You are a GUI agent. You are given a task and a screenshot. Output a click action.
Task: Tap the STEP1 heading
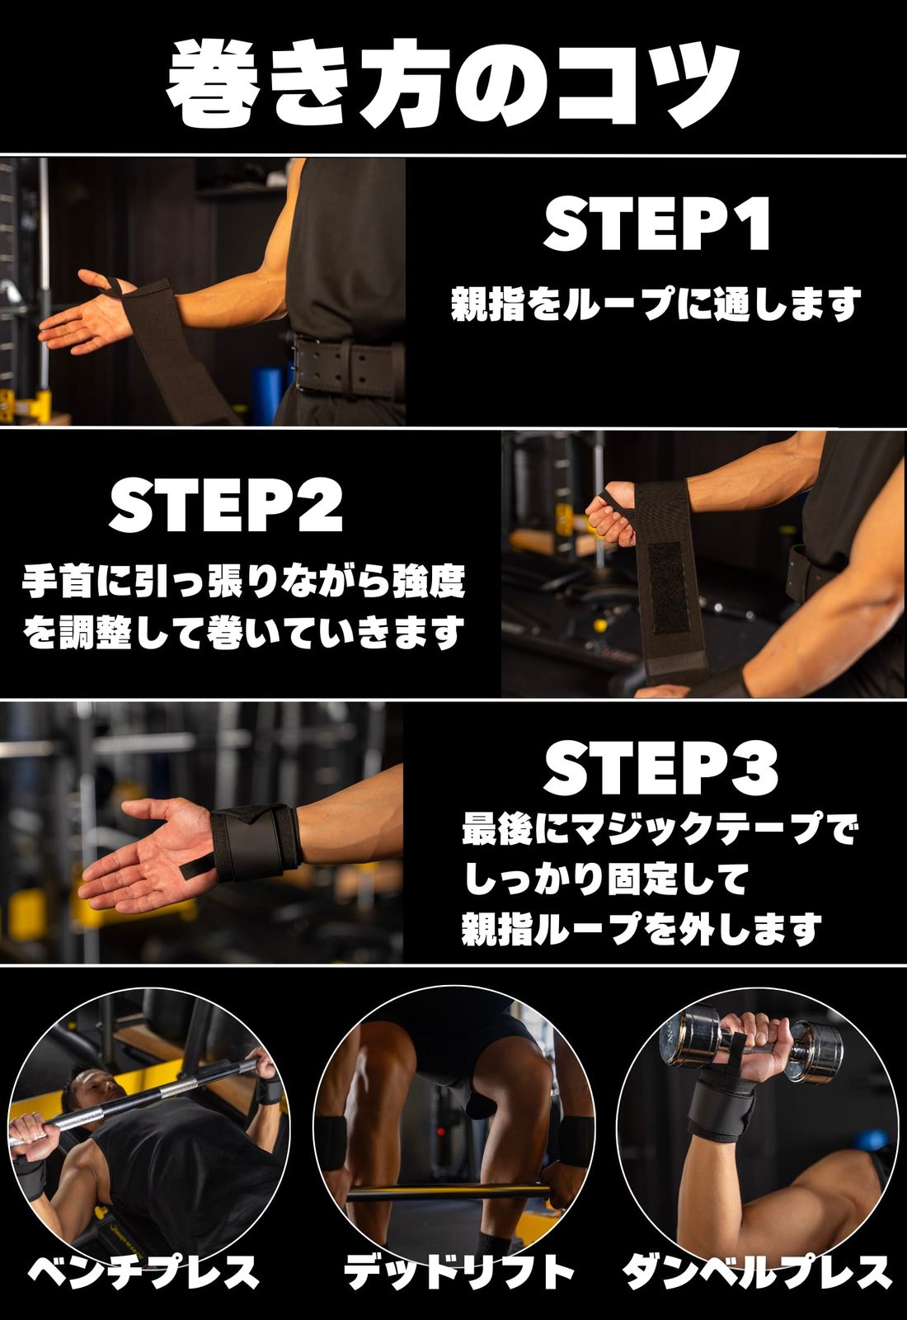(657, 224)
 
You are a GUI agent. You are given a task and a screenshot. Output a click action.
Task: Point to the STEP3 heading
(660, 769)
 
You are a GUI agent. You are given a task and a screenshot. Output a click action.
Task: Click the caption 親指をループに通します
(656, 304)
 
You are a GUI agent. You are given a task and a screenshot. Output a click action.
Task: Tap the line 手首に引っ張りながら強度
(243, 581)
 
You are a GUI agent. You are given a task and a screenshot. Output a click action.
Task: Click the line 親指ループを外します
(641, 929)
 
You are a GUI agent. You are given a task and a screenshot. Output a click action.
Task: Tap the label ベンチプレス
(144, 1271)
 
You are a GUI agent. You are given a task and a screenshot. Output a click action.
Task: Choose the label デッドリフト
(458, 1271)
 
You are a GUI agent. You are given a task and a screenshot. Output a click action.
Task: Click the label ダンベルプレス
(757, 1271)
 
